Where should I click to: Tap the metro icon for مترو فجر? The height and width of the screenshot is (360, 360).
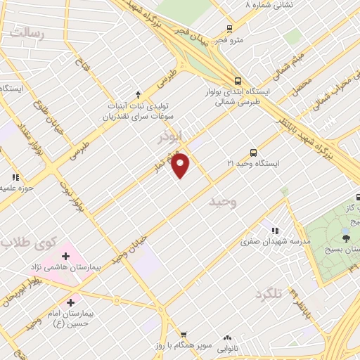pos(229,29)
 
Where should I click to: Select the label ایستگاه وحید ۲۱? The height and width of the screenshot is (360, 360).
pos(253,163)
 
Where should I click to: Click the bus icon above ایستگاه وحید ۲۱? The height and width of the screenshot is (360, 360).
pos(253,152)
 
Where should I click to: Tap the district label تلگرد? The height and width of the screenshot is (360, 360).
pos(269,292)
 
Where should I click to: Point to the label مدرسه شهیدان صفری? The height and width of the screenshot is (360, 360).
pos(266,241)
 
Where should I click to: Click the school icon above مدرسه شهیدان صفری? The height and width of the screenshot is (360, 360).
pos(275,231)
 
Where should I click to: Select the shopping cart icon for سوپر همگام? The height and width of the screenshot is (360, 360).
pos(184,335)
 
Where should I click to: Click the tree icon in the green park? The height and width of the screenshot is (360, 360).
pos(345,239)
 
